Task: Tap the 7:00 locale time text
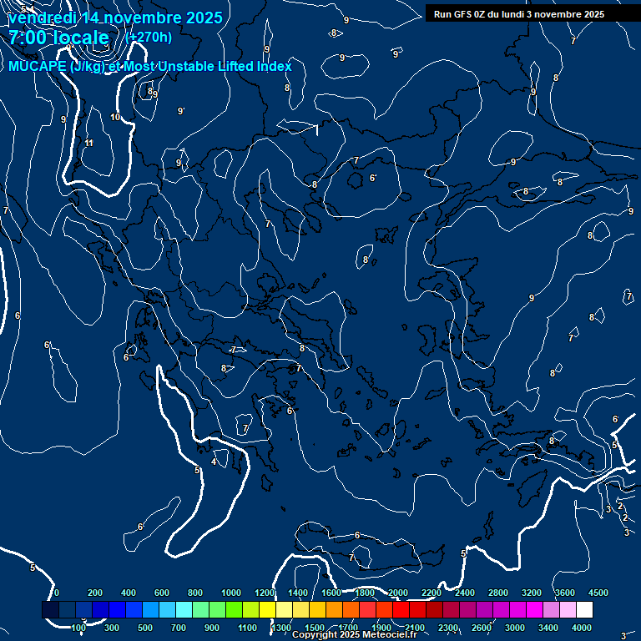click(58, 38)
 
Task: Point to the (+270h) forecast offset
click(149, 38)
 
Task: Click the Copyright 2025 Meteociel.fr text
click(354, 635)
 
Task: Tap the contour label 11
click(89, 144)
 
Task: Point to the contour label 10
click(115, 117)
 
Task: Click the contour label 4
click(214, 462)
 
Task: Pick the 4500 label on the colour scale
click(598, 593)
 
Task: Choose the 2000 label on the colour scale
click(398, 593)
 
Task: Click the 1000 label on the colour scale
click(231, 593)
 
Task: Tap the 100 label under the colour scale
click(78, 628)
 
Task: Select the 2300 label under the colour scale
click(447, 628)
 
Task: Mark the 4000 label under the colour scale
click(582, 628)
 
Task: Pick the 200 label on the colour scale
click(95, 593)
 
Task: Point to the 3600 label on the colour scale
click(565, 593)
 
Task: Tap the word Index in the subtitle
click(273, 67)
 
